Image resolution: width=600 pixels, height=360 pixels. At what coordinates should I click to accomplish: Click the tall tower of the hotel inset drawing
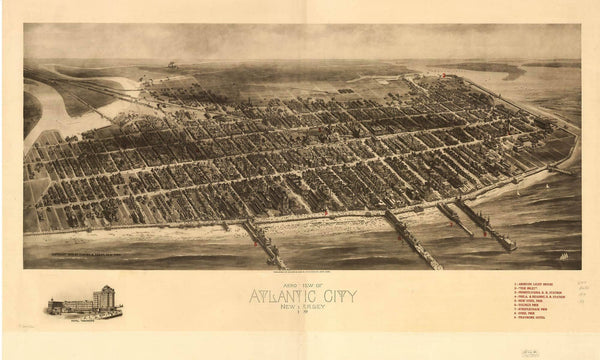tap(104, 297)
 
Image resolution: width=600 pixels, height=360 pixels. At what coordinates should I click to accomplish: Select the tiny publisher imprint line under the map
tap(300, 272)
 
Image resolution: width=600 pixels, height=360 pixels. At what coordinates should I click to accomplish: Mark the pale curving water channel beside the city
tap(45, 110)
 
